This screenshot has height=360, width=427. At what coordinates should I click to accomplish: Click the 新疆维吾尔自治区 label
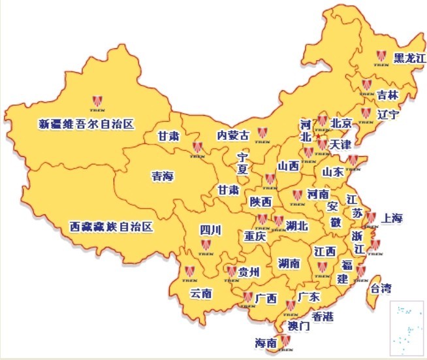(86, 123)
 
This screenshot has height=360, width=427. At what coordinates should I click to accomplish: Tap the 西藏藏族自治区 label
(112, 227)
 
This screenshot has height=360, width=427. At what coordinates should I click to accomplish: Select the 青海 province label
(163, 176)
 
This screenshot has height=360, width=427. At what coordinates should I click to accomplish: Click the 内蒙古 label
(233, 136)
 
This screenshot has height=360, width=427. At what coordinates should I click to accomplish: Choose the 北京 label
(341, 123)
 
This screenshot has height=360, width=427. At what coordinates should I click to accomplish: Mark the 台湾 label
(382, 288)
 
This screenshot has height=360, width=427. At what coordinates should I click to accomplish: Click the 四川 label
(210, 229)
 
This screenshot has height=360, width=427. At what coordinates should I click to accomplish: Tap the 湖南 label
(288, 264)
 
